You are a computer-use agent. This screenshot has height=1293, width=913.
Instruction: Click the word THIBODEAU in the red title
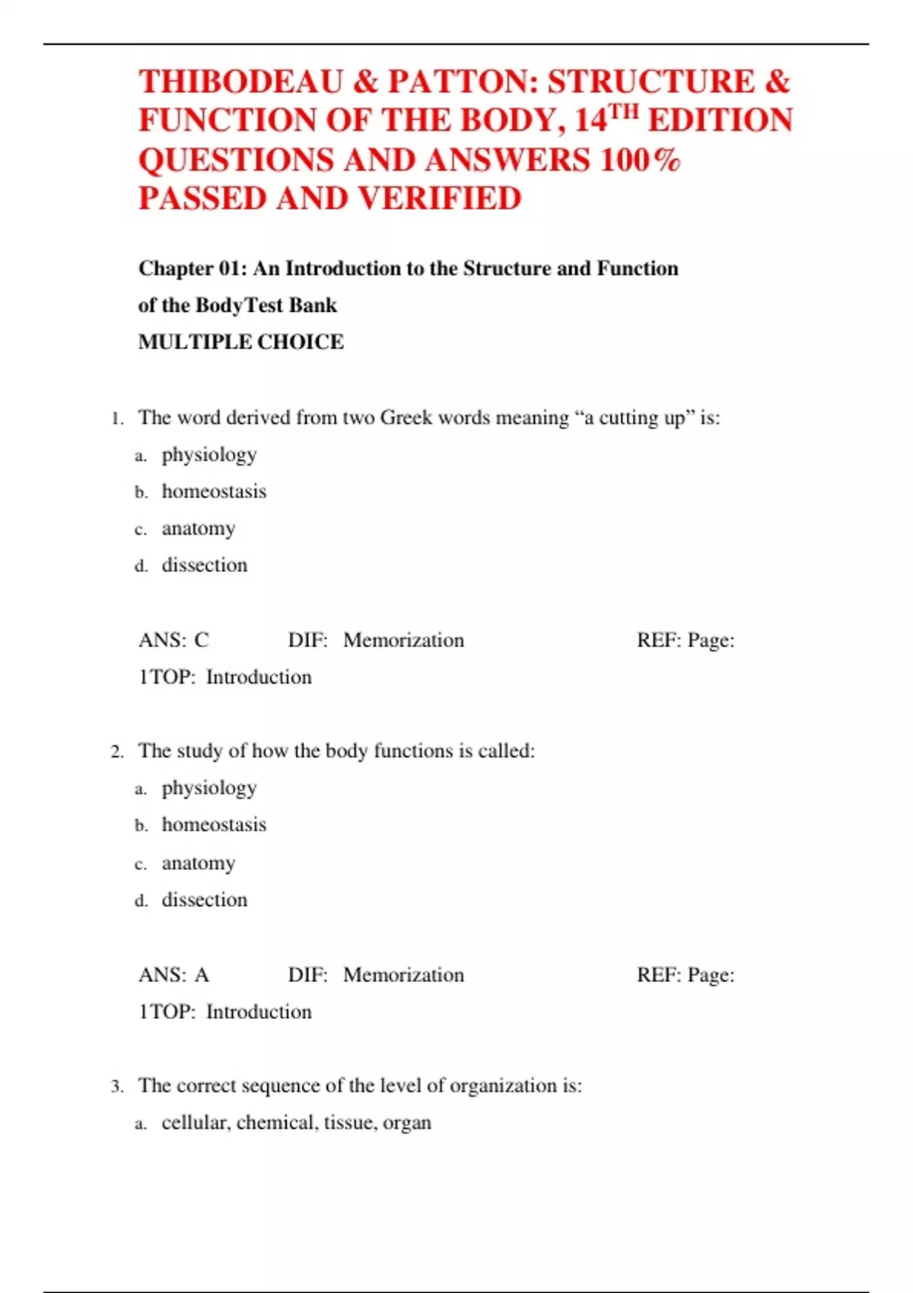(240, 82)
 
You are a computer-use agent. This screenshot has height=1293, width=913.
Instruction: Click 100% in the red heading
(640, 160)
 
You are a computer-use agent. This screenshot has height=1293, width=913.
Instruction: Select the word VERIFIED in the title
(439, 199)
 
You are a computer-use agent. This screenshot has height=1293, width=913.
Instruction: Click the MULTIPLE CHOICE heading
(240, 342)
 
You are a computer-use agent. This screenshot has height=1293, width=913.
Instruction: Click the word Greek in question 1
(406, 418)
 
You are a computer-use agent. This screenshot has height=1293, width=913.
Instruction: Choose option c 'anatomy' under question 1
(198, 529)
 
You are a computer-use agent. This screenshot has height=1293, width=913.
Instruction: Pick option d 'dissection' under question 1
(204, 565)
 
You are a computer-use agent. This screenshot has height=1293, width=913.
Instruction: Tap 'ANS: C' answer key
(173, 640)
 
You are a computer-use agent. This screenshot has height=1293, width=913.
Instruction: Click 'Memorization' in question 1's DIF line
(403, 640)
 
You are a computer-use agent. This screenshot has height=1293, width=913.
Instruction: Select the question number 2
(117, 752)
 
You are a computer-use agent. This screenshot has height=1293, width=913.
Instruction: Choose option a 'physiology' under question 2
(208, 788)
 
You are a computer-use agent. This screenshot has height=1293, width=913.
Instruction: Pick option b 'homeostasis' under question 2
(214, 825)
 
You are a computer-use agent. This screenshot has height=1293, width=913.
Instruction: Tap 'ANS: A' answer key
(173, 975)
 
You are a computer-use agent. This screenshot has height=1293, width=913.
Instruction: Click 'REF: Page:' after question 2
(685, 975)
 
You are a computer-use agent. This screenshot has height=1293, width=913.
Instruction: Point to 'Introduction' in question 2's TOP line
(259, 1012)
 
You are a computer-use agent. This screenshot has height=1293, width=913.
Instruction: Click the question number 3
(117, 1087)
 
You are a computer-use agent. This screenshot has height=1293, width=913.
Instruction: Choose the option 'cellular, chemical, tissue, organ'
(296, 1123)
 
